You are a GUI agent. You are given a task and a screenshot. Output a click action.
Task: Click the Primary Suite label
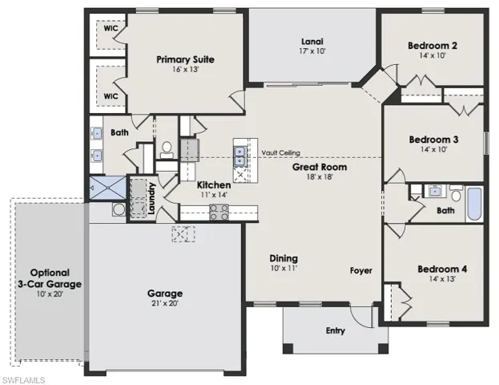(x=185, y=59)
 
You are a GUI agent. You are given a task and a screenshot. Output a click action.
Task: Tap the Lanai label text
(x=312, y=41)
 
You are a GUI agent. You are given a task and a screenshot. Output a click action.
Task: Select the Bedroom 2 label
(x=432, y=45)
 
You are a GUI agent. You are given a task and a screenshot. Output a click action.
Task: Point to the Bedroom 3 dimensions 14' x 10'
(x=433, y=150)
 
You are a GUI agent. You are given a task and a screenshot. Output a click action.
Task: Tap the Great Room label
(x=317, y=166)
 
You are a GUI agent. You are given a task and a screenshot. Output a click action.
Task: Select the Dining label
(x=284, y=258)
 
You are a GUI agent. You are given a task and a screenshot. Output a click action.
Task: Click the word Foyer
(x=361, y=270)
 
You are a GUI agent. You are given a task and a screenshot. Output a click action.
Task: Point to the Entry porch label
(x=335, y=330)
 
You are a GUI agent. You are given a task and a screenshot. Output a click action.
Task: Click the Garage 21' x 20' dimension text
(x=164, y=305)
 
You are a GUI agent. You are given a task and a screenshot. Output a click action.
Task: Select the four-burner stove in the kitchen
(x=219, y=212)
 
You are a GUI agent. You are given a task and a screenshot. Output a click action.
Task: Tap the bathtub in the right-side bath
(x=473, y=204)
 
